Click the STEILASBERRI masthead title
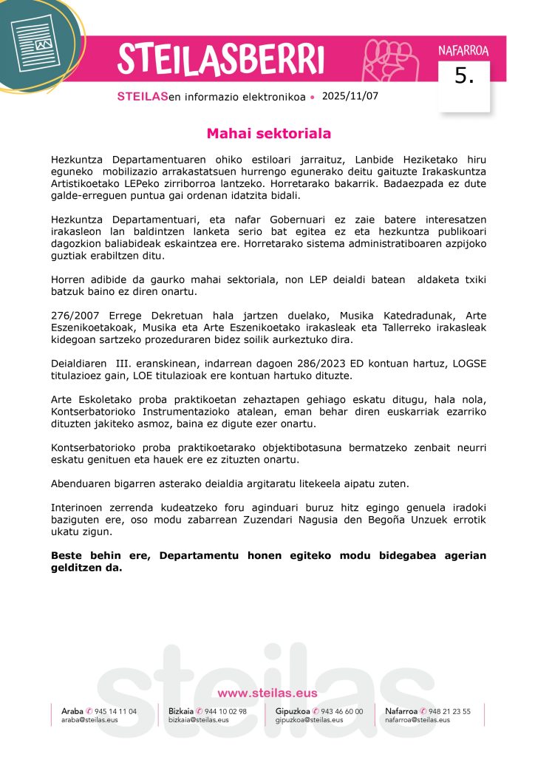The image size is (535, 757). [220, 58]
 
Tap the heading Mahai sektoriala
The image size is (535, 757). [268, 134]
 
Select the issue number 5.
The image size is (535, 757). [464, 77]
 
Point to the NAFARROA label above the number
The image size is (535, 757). [463, 51]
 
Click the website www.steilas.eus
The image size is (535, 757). [267, 693]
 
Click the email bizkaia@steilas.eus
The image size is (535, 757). [199, 720]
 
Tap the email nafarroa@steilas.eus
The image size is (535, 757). [418, 720]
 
